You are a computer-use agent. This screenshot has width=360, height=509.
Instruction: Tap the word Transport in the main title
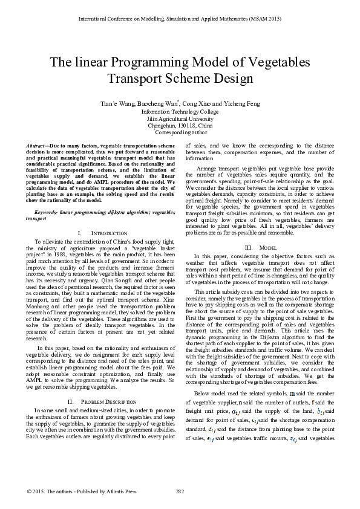click(x=133, y=79)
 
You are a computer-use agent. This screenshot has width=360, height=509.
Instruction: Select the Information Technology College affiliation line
click(x=180, y=112)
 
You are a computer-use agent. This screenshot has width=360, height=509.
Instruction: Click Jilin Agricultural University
click(x=180, y=119)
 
